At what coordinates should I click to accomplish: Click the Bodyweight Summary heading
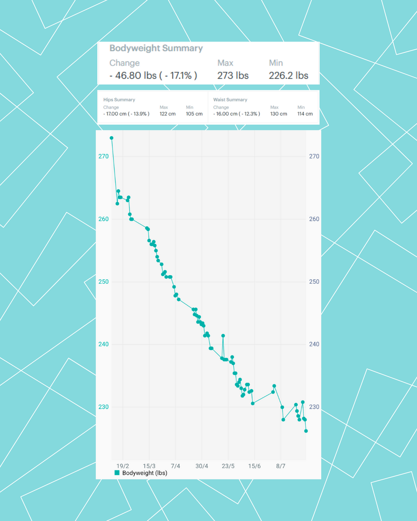click(x=156, y=48)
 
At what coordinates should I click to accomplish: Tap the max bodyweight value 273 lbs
click(x=233, y=76)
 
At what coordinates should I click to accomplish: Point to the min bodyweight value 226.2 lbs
click(x=288, y=76)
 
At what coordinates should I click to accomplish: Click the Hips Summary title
click(x=119, y=100)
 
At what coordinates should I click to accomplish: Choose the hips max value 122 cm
click(x=167, y=114)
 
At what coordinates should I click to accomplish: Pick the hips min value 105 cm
click(x=194, y=114)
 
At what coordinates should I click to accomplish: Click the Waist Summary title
click(x=230, y=100)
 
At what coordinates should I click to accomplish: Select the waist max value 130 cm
click(x=279, y=114)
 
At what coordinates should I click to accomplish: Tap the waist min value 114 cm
click(x=305, y=114)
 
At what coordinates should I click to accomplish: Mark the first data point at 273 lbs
click(x=112, y=138)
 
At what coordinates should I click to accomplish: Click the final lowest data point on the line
click(x=306, y=431)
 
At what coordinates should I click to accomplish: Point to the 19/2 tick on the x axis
click(x=123, y=466)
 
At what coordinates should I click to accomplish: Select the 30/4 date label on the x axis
click(x=202, y=466)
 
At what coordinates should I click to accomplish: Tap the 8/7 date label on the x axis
click(x=281, y=466)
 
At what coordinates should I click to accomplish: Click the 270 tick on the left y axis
click(x=103, y=156)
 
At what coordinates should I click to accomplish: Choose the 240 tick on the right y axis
click(x=314, y=344)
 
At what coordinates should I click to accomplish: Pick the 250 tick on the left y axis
click(x=103, y=282)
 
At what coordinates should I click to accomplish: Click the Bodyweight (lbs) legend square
click(x=117, y=473)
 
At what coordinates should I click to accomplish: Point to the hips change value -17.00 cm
click(x=126, y=114)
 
